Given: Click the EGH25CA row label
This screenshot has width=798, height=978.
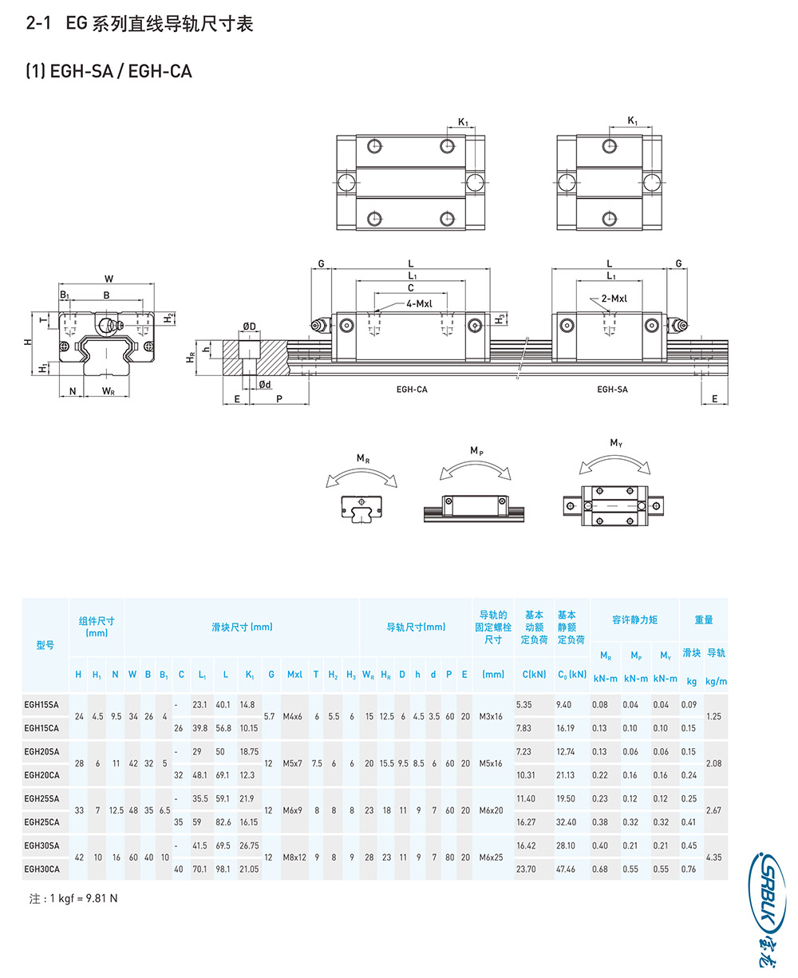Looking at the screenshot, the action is [x=41, y=822].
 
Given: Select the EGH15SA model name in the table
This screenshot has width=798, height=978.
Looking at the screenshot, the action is [x=41, y=704].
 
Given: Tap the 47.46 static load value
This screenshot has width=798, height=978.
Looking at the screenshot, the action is [x=565, y=869].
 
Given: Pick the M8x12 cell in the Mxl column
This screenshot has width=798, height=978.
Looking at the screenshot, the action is [x=294, y=857].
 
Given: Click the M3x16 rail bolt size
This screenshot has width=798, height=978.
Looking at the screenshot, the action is [x=491, y=716].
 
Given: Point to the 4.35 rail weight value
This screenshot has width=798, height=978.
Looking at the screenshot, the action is [x=713, y=857].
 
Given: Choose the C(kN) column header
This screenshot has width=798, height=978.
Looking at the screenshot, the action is [x=534, y=675].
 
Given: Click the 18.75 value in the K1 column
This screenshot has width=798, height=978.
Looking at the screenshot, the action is [x=249, y=751].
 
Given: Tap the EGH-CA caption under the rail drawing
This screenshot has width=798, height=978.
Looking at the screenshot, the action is [x=412, y=389].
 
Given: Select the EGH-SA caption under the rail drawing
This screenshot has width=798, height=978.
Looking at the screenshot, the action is [x=612, y=389].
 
